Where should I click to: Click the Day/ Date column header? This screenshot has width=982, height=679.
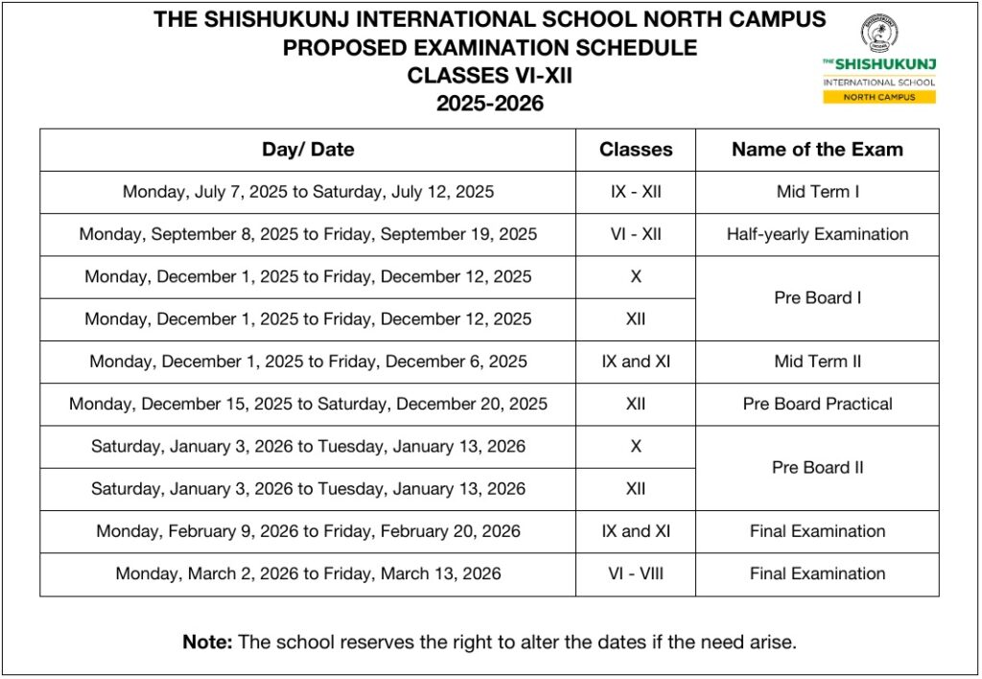tap(308, 150)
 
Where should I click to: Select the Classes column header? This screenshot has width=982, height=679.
tap(636, 150)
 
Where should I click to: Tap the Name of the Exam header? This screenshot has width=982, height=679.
tap(817, 150)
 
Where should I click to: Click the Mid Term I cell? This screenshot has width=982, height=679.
tap(817, 192)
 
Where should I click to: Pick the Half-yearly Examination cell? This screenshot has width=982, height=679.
tap(817, 234)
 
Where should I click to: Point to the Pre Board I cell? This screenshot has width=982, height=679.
tap(817, 297)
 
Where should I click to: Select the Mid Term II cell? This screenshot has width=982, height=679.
tap(817, 362)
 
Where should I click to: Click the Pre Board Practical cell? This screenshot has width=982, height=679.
tap(817, 404)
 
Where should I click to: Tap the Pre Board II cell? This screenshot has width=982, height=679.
tap(817, 468)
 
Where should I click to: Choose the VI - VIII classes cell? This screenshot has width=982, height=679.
tap(636, 574)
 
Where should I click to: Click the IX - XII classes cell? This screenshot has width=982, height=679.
tap(636, 192)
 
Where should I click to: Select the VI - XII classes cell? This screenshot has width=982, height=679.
tap(636, 234)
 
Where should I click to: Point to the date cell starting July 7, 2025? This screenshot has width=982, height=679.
tap(308, 192)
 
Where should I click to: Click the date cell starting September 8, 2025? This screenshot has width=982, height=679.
tap(308, 234)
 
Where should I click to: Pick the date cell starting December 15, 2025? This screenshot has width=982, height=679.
tap(308, 404)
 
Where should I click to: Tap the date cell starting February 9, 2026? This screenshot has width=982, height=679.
tap(308, 531)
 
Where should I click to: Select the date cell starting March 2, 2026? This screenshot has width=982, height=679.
tap(308, 574)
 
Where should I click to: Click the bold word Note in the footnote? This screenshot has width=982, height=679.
tap(206, 643)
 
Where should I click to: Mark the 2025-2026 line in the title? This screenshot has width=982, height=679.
tap(489, 104)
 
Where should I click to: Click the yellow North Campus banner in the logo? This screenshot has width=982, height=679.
tap(878, 97)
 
